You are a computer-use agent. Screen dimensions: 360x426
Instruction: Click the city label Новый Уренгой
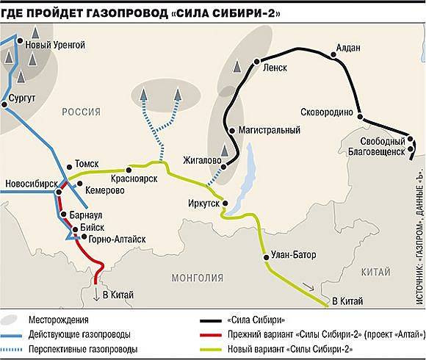click(56, 46)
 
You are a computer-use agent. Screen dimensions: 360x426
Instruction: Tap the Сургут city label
click(21, 97)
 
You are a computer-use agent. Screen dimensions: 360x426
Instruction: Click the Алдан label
click(347, 48)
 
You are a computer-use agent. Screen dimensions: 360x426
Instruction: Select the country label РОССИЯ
click(82, 111)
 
